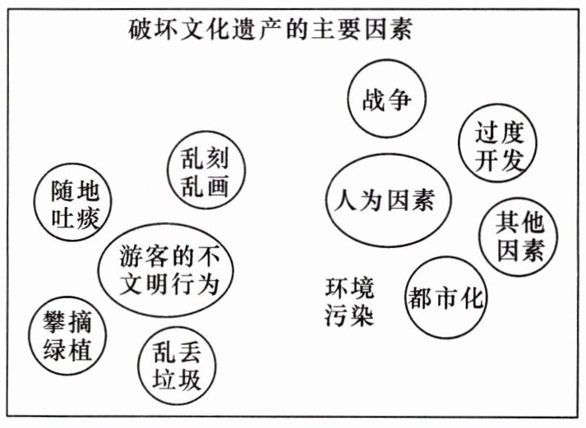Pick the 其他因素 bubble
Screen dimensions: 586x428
(520, 235)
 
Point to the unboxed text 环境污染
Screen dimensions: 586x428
(349, 301)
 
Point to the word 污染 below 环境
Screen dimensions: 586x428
(349, 315)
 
